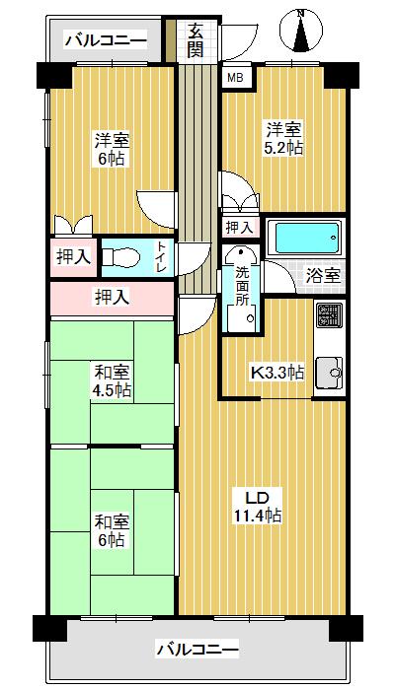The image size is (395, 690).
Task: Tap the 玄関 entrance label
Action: (197, 40)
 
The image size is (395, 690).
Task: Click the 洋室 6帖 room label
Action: (112, 148)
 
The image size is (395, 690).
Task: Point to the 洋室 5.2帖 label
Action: (282, 137)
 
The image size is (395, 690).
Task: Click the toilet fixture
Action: (122, 257)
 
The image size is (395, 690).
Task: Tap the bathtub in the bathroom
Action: (304, 239)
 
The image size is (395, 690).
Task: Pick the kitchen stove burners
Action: (329, 315)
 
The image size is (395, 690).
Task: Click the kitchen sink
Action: (329, 374)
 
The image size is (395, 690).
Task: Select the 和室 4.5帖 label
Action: (112, 380)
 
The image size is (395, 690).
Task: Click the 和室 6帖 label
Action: (110, 529)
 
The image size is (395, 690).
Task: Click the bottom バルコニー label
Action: (197, 650)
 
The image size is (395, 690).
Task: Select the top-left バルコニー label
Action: (105, 40)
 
